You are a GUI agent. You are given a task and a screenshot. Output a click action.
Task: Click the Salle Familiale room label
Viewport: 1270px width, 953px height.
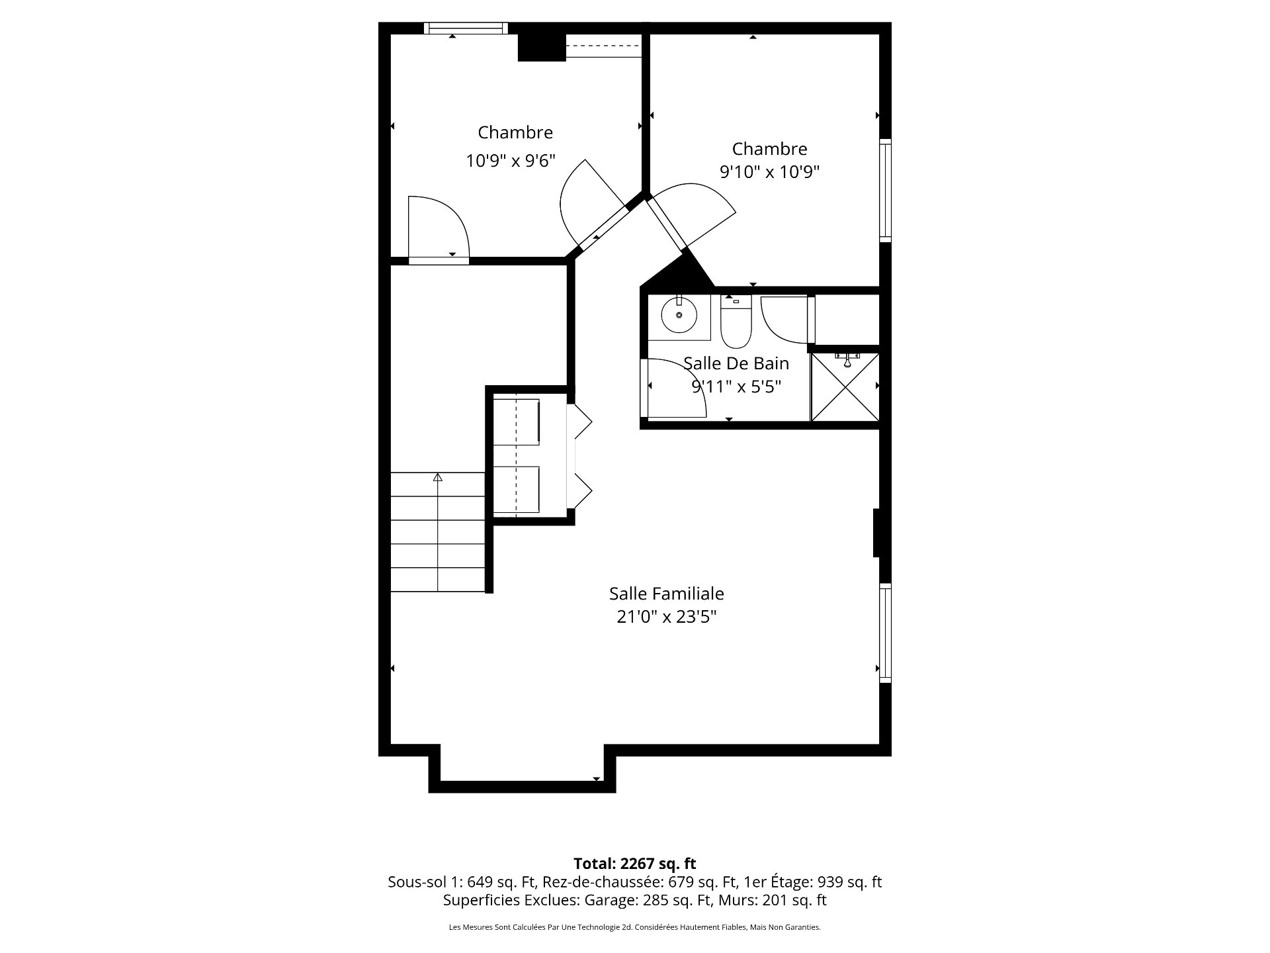tap(666, 594)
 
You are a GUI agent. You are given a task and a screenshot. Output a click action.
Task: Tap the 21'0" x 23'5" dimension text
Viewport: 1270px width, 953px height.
tap(667, 617)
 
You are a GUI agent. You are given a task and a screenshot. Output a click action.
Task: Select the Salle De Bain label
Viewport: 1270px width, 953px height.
tap(736, 363)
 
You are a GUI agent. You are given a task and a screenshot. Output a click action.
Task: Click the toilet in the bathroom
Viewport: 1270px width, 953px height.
tap(736, 322)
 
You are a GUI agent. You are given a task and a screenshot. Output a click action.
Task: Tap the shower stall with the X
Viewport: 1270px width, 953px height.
tap(845, 387)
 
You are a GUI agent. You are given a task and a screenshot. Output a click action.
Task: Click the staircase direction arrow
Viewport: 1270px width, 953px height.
tap(437, 476)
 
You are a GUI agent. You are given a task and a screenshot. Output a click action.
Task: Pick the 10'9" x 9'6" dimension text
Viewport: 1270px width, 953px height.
tap(511, 161)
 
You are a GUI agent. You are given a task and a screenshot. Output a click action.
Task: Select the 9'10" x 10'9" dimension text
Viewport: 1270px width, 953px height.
tap(770, 172)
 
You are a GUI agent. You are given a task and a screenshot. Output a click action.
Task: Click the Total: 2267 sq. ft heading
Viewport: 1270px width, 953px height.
tap(635, 864)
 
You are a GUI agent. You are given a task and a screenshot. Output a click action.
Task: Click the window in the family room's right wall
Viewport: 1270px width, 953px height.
tap(885, 633)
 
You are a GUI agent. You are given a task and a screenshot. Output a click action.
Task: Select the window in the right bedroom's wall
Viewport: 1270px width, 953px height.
tap(885, 191)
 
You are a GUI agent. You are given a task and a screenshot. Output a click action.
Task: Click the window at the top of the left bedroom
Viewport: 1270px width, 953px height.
tap(466, 28)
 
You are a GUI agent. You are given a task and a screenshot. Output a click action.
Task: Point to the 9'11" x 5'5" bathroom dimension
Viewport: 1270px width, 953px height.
tap(737, 386)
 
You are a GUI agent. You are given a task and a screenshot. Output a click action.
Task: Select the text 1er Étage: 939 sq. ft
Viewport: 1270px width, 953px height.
tap(813, 882)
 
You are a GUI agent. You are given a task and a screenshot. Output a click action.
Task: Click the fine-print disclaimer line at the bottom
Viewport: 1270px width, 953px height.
tap(635, 928)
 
